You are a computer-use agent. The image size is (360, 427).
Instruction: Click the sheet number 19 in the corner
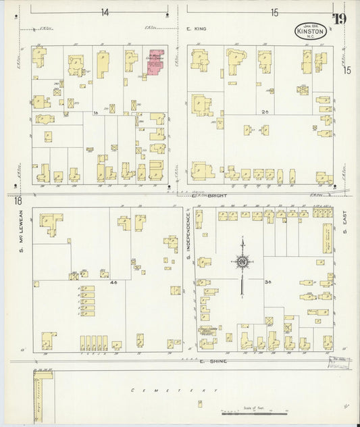click(x=339, y=18)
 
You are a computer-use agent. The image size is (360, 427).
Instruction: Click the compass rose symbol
click(x=242, y=261)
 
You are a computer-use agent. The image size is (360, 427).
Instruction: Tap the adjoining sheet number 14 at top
click(x=105, y=12)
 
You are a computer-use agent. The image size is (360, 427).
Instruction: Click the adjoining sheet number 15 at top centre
click(x=274, y=12)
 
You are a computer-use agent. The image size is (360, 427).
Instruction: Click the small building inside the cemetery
click(x=199, y=403)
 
